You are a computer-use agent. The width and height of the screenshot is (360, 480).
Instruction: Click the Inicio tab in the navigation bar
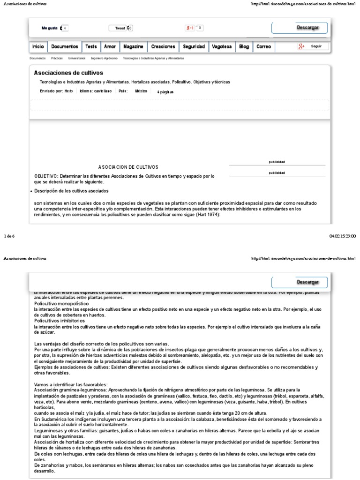pyautogui.click(x=38, y=47)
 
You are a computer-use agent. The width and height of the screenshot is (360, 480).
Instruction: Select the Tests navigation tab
pyautogui.click(x=91, y=47)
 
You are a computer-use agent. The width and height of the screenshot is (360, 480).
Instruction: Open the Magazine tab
pyautogui.click(x=133, y=47)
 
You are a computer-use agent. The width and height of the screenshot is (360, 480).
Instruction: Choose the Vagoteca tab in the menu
pyautogui.click(x=221, y=47)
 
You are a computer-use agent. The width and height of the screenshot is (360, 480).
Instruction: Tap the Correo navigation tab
pyautogui.click(x=263, y=47)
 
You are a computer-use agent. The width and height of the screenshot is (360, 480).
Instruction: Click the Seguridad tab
pyautogui.click(x=194, y=47)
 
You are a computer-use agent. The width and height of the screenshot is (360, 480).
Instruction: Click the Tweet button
pyautogui.click(x=120, y=28)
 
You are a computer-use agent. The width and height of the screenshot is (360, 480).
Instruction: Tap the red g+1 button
pyautogui.click(x=190, y=28)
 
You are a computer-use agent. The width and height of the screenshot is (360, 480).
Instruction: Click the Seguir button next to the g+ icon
pyautogui.click(x=316, y=47)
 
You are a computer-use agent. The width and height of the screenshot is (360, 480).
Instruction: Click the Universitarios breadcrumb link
pyautogui.click(x=76, y=59)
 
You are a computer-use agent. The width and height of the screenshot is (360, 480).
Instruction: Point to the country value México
pyautogui.click(x=141, y=91)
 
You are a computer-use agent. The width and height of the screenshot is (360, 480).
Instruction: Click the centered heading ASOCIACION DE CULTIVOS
pyautogui.click(x=128, y=167)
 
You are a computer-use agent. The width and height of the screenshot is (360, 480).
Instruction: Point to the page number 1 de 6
pyautogui.click(x=9, y=236)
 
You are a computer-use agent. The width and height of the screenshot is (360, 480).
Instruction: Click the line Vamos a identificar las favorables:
pyautogui.click(x=71, y=384)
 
